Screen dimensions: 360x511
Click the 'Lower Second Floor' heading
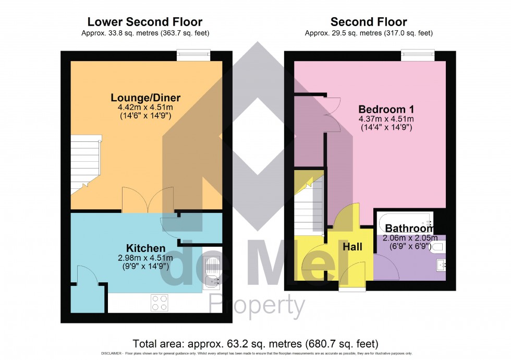click(x=144, y=22)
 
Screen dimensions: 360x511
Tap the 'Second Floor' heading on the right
click(x=369, y=22)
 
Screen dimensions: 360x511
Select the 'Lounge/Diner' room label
click(x=145, y=98)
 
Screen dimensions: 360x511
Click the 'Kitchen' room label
click(x=145, y=248)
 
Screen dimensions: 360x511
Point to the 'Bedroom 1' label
click(x=385, y=109)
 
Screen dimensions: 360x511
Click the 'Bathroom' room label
click(x=409, y=229)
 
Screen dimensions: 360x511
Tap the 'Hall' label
click(x=352, y=246)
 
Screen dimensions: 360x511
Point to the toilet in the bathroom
click(x=437, y=246)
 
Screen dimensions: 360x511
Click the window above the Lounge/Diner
click(x=193, y=54)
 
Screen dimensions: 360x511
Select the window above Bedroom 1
click(x=418, y=54)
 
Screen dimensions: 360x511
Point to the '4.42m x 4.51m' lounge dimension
click(x=145, y=108)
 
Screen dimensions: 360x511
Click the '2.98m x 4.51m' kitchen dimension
click(x=145, y=258)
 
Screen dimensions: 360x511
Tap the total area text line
click(x=256, y=344)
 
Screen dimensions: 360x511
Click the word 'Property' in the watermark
click(x=257, y=306)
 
